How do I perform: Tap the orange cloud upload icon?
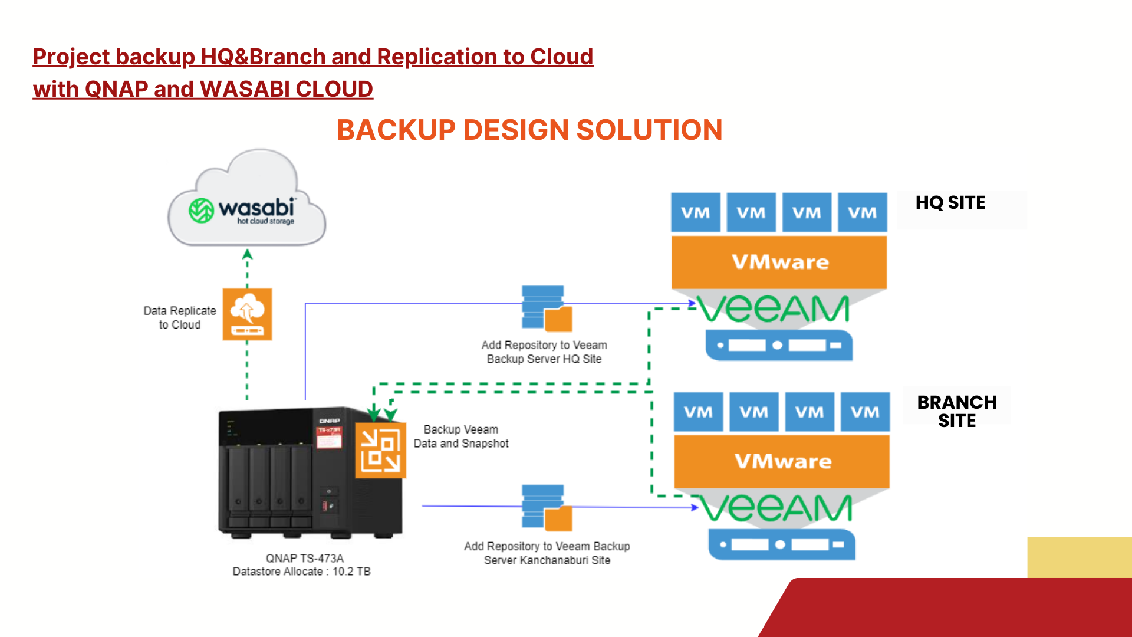[247, 314]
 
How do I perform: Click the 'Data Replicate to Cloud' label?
[180, 317]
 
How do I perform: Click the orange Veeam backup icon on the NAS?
[380, 449]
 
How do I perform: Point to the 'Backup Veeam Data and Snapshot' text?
[461, 436]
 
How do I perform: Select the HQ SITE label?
[950, 203]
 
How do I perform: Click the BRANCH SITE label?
[956, 411]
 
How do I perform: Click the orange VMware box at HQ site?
[779, 262]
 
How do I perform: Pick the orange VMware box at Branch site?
[782, 461]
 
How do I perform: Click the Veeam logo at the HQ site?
[774, 309]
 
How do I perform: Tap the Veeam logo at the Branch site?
[776, 508]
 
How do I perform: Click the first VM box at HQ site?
[696, 212]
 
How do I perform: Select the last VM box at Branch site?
[864, 412]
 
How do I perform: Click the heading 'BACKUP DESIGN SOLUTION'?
[529, 130]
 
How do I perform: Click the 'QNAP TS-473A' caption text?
[304, 558]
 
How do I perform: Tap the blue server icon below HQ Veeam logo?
[779, 345]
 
